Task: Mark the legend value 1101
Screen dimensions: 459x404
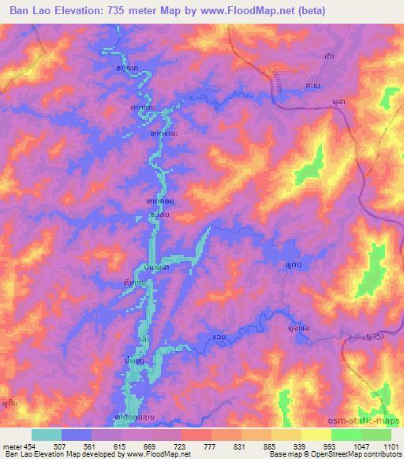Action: pos(390,447)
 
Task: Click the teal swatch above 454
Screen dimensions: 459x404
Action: pos(47,435)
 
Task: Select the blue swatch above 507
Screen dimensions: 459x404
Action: pos(77,435)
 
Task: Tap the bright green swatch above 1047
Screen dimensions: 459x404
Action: pos(346,435)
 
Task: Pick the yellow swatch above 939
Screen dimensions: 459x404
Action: pos(286,435)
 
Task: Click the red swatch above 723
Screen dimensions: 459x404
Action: pos(196,435)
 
